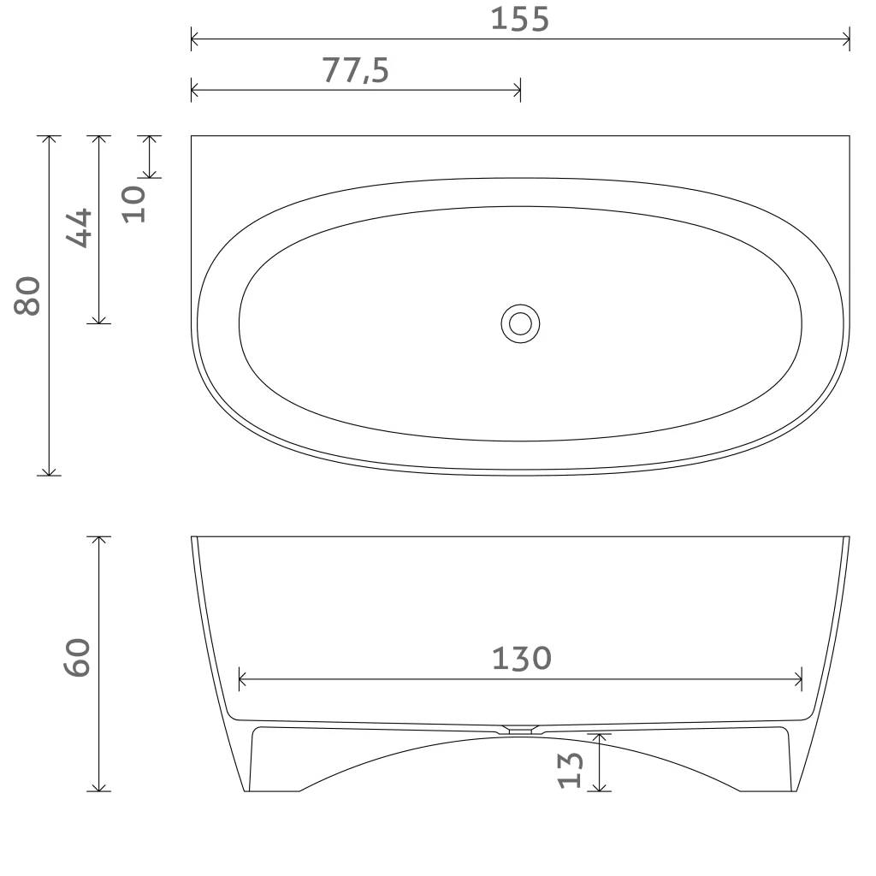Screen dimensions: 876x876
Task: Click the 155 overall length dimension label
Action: point(519,19)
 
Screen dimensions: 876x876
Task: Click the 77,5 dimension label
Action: point(355,70)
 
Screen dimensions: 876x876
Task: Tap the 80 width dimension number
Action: point(27,295)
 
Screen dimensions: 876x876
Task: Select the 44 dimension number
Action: point(79,228)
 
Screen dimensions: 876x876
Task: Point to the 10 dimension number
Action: point(133,204)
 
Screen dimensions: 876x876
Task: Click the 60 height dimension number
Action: point(77,657)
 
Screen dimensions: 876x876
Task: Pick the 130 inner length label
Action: point(521,658)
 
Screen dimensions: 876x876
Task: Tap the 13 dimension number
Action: point(571,770)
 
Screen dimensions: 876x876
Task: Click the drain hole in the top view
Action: point(520,323)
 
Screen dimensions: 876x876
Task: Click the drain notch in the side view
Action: point(519,729)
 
